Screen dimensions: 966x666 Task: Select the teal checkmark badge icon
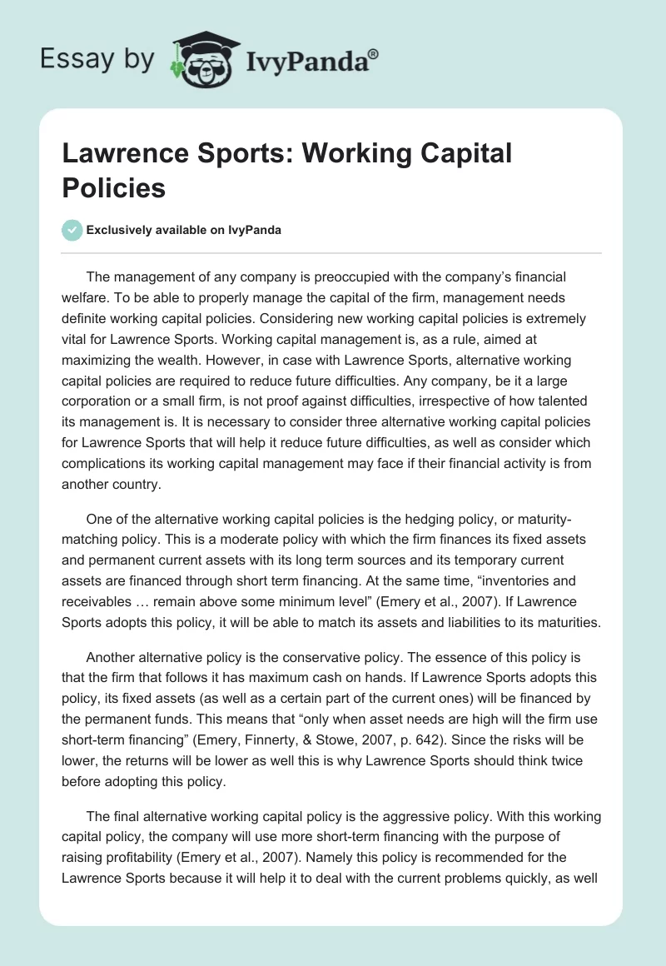pos(72,230)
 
